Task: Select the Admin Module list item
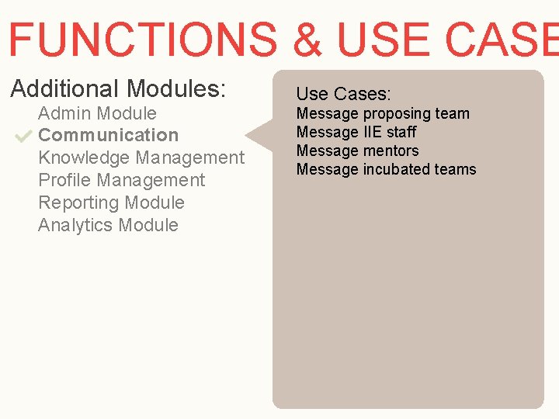[x=97, y=113]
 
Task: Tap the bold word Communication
[x=108, y=135]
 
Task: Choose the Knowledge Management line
[x=141, y=158]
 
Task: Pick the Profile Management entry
[x=121, y=180]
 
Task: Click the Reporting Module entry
[x=111, y=203]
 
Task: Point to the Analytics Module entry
[x=108, y=225]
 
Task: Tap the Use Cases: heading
[x=343, y=94]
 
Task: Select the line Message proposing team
[x=383, y=113]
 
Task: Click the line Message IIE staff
[x=356, y=132]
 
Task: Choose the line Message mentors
[x=357, y=151]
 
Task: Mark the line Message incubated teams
[x=386, y=169]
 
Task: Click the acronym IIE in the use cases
[x=372, y=132]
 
